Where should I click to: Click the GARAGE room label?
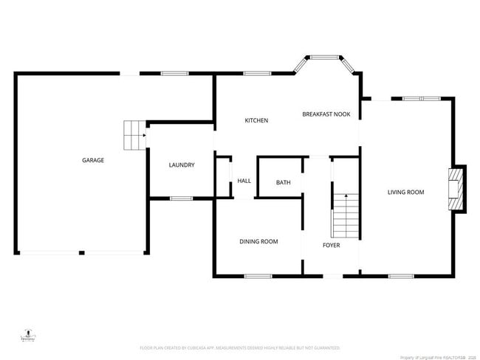coord(93,160)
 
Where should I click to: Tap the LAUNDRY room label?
coord(181,165)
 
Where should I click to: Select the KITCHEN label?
coord(256,120)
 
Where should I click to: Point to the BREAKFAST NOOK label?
coord(326,114)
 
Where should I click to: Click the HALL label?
coord(244,181)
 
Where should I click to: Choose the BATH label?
coord(283,182)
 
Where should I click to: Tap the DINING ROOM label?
coord(258,241)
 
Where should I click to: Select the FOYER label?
coord(332,245)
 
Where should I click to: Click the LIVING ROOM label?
coord(406,193)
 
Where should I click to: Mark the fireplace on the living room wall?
coord(457,188)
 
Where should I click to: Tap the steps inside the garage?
coord(133,134)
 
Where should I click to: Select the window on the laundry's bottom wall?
coord(181,198)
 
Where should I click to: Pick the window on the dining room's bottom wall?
coord(258,277)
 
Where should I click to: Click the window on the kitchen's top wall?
coord(257,73)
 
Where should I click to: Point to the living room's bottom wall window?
coord(401,277)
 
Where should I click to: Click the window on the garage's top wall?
coord(174,73)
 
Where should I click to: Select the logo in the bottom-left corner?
coord(27,336)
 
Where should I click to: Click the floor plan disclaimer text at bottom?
coord(240,347)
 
